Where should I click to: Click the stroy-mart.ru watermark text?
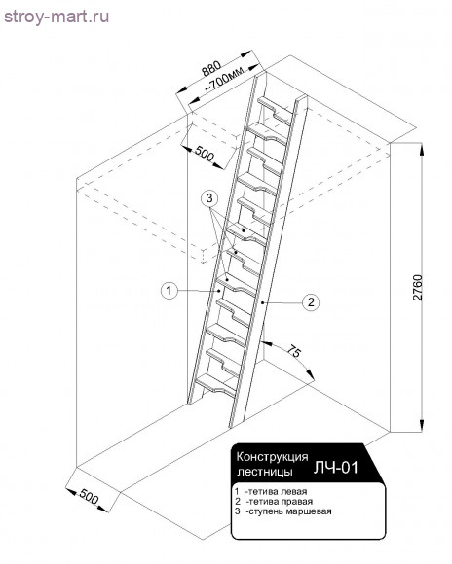(56, 17)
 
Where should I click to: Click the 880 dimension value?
(211, 68)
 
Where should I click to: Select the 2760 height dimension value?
(417, 288)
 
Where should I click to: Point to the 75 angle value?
(294, 351)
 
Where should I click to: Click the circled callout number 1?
(169, 290)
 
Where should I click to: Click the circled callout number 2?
(311, 301)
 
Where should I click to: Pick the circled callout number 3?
(209, 198)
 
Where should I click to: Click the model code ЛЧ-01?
(335, 467)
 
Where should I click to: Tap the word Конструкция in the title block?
(272, 457)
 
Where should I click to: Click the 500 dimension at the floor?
(89, 496)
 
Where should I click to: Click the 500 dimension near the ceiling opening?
(205, 154)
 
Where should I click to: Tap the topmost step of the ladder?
(276, 109)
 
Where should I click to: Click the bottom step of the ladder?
(214, 385)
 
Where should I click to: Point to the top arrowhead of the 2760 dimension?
(422, 150)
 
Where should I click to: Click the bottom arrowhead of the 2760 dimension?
(422, 425)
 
